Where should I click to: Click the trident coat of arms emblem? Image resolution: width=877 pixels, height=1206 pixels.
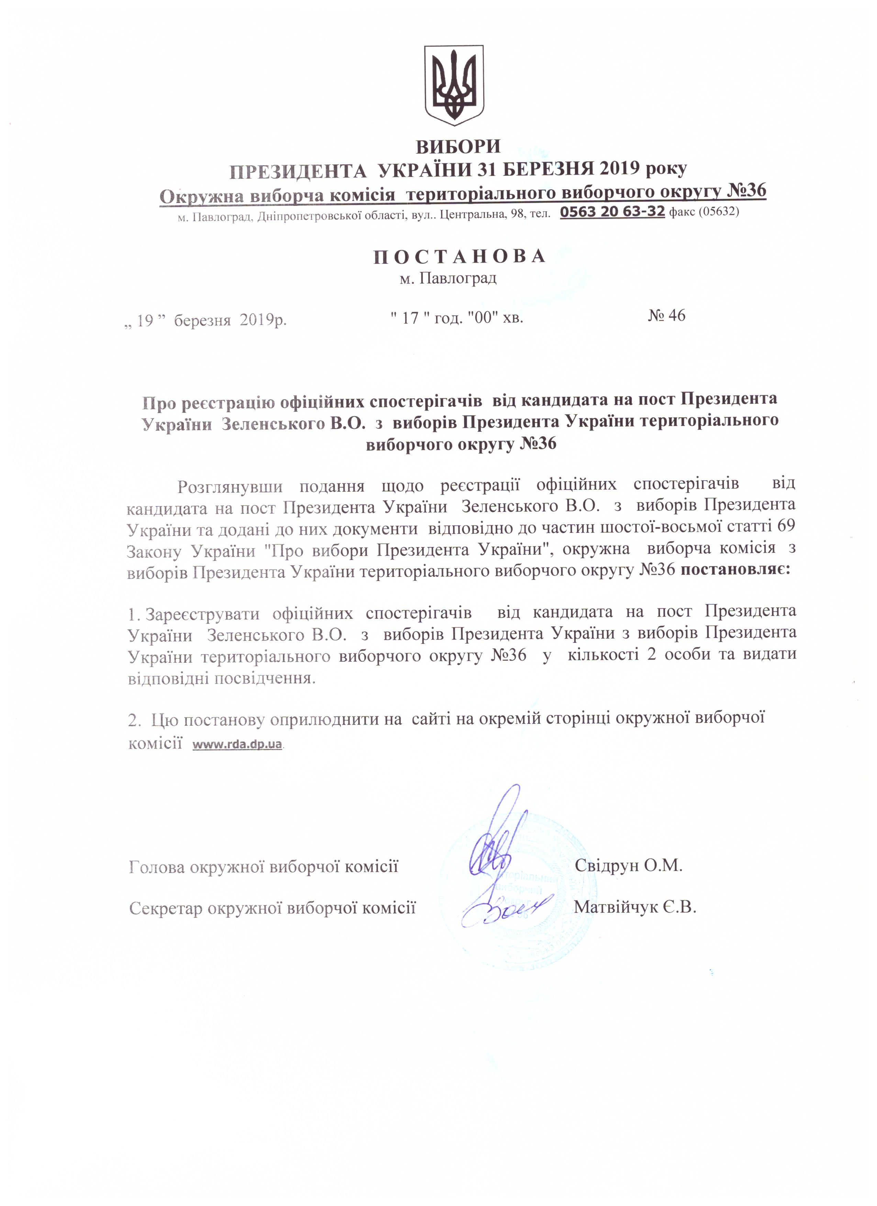(x=454, y=85)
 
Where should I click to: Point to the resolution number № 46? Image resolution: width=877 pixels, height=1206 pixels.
(x=666, y=315)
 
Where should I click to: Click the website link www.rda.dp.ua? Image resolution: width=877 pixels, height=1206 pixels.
(x=237, y=745)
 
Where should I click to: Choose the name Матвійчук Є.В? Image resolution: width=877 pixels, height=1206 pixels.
(x=635, y=907)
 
